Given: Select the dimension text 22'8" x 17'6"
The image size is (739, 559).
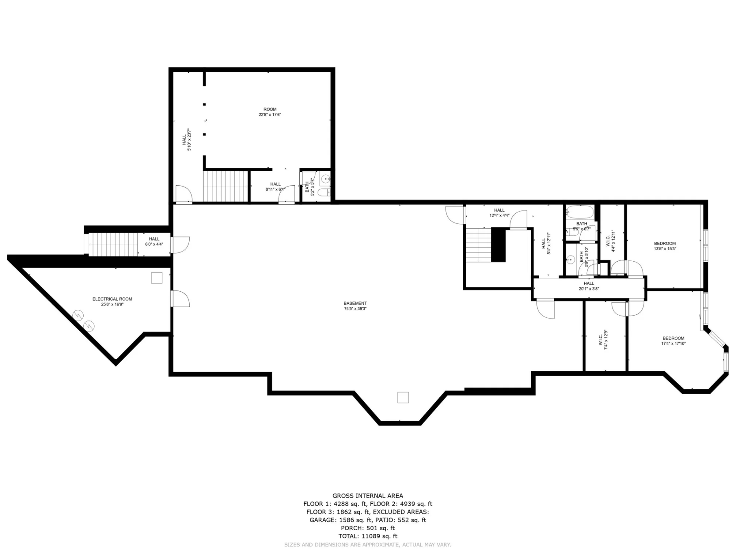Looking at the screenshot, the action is click(270, 115).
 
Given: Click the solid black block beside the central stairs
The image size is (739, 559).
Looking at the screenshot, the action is click(498, 245).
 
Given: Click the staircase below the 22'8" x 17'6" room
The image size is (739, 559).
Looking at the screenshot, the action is click(225, 186).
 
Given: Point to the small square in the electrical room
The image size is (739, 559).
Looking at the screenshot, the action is click(157, 278).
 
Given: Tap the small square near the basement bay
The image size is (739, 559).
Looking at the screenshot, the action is click(403, 397).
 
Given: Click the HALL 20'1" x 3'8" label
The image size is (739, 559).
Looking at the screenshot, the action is click(589, 286).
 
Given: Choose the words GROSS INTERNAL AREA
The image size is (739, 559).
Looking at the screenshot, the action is click(368, 496).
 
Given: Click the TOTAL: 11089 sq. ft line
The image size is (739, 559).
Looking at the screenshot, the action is click(368, 536).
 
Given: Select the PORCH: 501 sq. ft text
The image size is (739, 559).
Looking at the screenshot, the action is click(368, 528).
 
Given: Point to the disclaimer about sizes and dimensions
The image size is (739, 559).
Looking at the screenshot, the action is click(367, 544).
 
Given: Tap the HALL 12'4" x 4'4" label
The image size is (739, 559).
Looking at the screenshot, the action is click(499, 213).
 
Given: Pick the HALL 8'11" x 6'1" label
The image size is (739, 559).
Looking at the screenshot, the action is click(275, 186).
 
